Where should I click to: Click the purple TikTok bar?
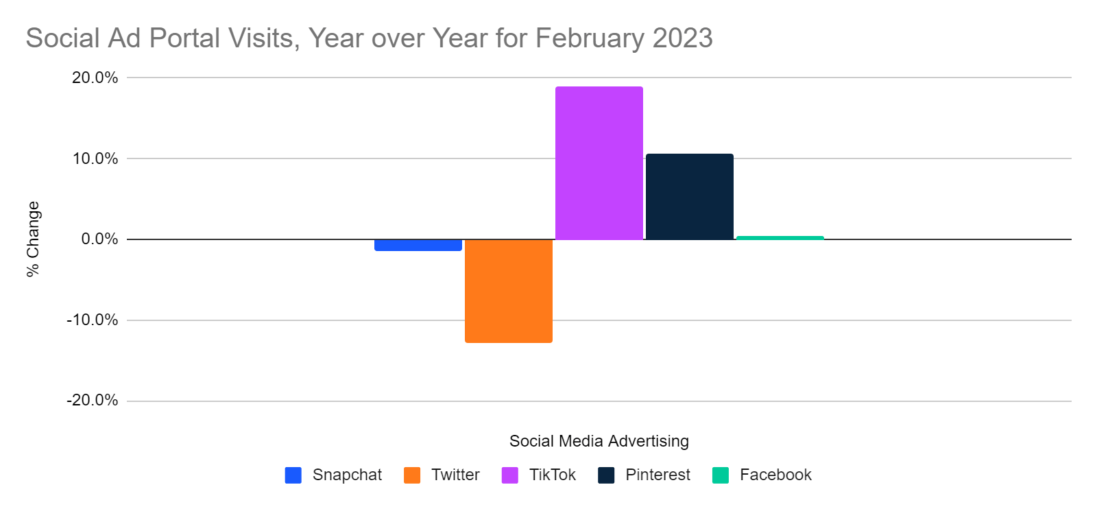pyautogui.click(x=599, y=163)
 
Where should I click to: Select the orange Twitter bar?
pyautogui.click(x=508, y=291)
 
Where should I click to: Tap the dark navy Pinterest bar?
pyautogui.click(x=689, y=197)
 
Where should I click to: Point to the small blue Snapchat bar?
pyautogui.click(x=418, y=245)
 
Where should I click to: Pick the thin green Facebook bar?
pyautogui.click(x=780, y=237)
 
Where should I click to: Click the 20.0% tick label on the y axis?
pyautogui.click(x=95, y=78)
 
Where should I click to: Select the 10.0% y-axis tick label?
pyautogui.click(x=95, y=158)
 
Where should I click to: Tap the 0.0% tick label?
pyautogui.click(x=99, y=239)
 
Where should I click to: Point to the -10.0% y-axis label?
pyautogui.click(x=92, y=320)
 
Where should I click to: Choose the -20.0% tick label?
pyautogui.click(x=92, y=400)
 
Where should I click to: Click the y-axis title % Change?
pyautogui.click(x=33, y=239)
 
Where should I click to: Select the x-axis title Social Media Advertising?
pyautogui.click(x=599, y=441)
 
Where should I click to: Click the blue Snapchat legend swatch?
pyautogui.click(x=293, y=475)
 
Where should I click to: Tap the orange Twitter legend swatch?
pyautogui.click(x=412, y=475)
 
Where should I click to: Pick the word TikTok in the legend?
pyautogui.click(x=552, y=475)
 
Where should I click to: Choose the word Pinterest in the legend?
pyautogui.click(x=658, y=475)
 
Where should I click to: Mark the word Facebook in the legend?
pyautogui.click(x=775, y=475)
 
